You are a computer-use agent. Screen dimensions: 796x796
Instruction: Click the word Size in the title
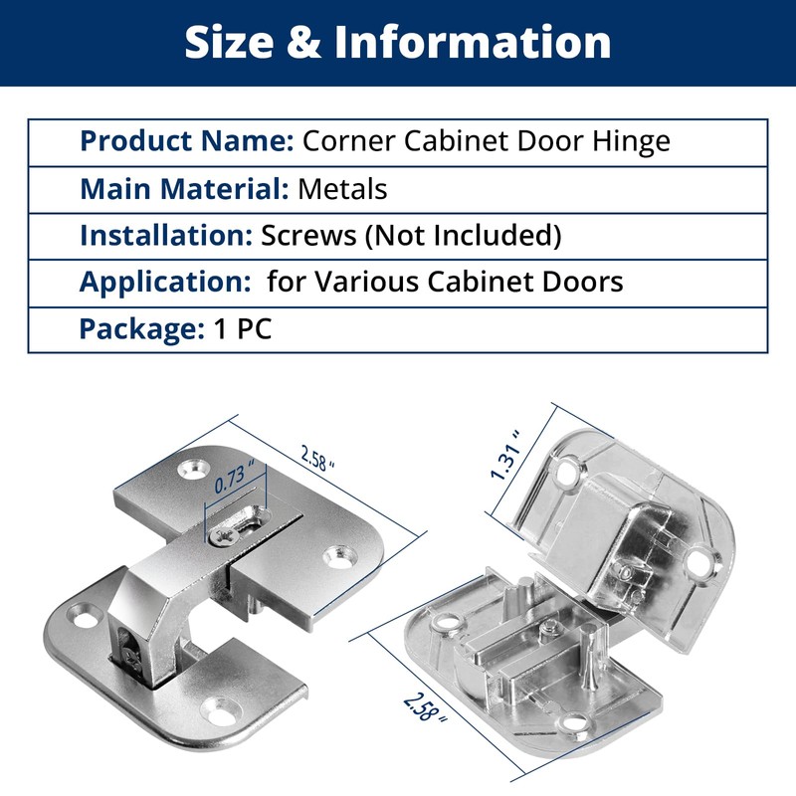(x=230, y=42)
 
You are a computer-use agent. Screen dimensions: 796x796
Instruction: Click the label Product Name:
(x=186, y=141)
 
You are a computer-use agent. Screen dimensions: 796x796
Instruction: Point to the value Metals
(x=342, y=188)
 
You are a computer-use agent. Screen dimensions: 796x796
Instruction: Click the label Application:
(x=164, y=282)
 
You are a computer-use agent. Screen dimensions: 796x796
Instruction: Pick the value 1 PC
(x=242, y=328)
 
